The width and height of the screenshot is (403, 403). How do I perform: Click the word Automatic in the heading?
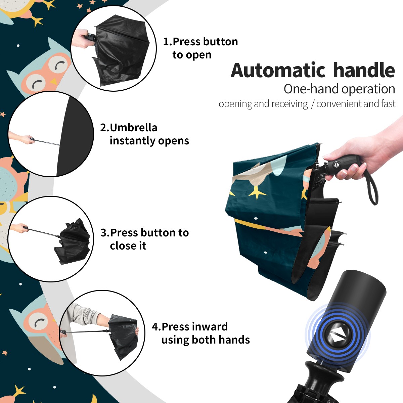[x=278, y=70]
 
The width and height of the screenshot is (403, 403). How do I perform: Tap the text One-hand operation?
[x=339, y=89]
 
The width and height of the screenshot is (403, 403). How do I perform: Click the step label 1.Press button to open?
[x=200, y=48]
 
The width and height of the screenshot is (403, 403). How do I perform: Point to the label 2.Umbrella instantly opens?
[x=144, y=134]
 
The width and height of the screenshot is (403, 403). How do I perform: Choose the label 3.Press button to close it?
[x=144, y=239]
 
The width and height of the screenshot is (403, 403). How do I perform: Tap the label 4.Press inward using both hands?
[x=201, y=333]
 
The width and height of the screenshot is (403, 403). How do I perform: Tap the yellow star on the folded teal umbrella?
[x=258, y=194]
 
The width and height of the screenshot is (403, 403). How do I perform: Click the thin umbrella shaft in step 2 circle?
[x=47, y=142]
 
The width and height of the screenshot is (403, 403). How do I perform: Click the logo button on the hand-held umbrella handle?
[x=336, y=165]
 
